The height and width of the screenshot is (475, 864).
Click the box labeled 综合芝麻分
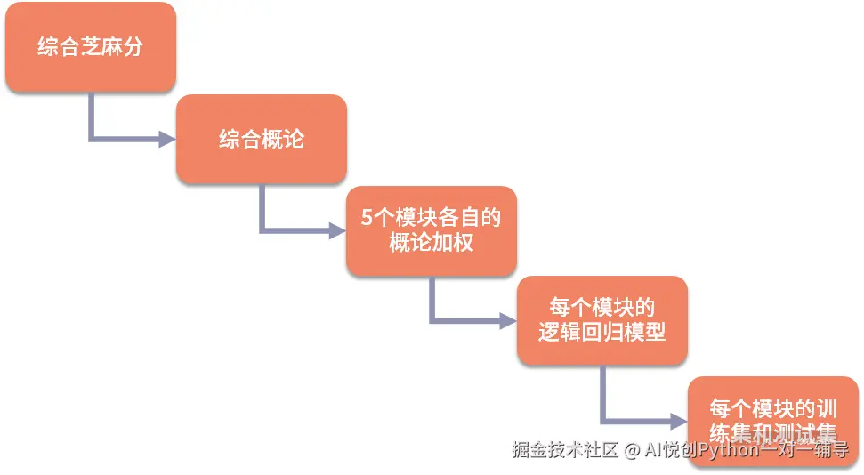click(90, 47)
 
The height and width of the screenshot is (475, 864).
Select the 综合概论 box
click(261, 140)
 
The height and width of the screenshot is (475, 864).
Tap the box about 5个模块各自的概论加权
click(431, 230)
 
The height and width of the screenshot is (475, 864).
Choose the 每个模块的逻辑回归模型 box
click(602, 321)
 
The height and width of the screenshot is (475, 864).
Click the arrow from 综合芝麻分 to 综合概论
click(125, 139)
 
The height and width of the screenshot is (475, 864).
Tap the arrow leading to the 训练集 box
click(637, 418)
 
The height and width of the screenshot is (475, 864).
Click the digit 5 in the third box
click(367, 219)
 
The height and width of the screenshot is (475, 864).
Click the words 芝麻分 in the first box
click(111, 47)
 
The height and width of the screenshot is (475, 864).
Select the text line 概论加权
click(431, 243)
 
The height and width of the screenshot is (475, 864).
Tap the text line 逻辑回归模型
click(602, 334)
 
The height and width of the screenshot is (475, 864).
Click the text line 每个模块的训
click(772, 409)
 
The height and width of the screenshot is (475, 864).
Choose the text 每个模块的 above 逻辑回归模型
click(602, 309)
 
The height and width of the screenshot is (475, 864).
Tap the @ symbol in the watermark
click(632, 451)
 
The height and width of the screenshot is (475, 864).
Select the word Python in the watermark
click(731, 451)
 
